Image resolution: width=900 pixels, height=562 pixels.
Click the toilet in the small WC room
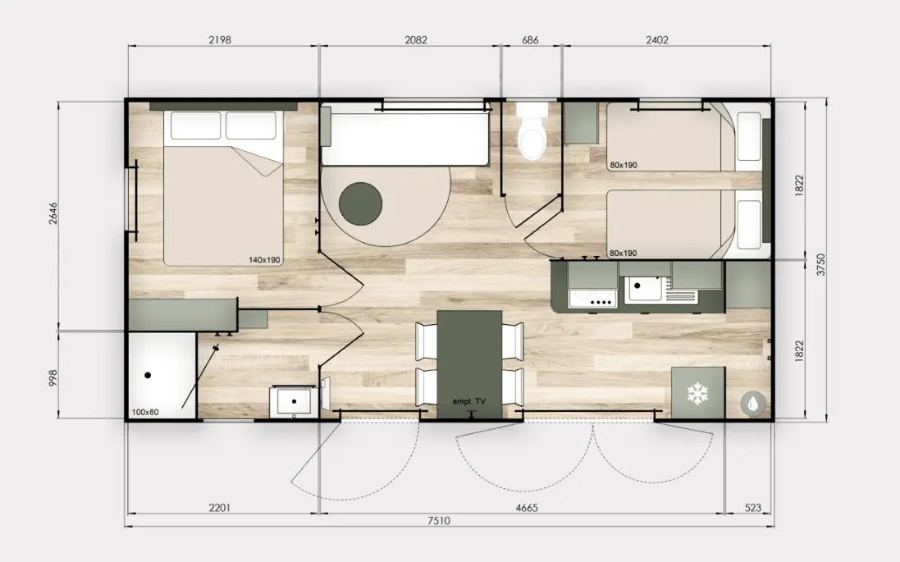point(532,131)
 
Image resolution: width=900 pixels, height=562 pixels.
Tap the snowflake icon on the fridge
point(697,395)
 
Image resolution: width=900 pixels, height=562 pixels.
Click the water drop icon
point(752,403)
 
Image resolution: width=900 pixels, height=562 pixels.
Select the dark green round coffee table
point(360,203)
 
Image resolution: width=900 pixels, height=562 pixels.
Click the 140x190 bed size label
point(265,260)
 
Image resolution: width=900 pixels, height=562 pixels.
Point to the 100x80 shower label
point(145,412)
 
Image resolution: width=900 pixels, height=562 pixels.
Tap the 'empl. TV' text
point(469,401)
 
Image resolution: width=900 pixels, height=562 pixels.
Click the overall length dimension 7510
point(439,521)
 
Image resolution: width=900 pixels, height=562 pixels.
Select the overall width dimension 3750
point(820,265)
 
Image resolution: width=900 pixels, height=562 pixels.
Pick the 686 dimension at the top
point(530,40)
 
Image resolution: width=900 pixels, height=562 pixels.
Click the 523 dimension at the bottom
point(752,508)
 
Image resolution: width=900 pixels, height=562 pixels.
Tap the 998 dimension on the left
point(53,377)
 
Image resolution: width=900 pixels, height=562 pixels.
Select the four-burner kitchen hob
point(593,298)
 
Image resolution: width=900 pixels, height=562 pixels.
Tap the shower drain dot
point(148,376)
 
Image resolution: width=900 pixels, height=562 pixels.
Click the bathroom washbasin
point(292,400)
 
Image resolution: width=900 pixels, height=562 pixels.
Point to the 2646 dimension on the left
point(53,213)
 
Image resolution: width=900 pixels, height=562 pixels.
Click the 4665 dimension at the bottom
point(527,508)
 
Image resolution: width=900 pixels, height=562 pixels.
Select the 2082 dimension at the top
point(416,40)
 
